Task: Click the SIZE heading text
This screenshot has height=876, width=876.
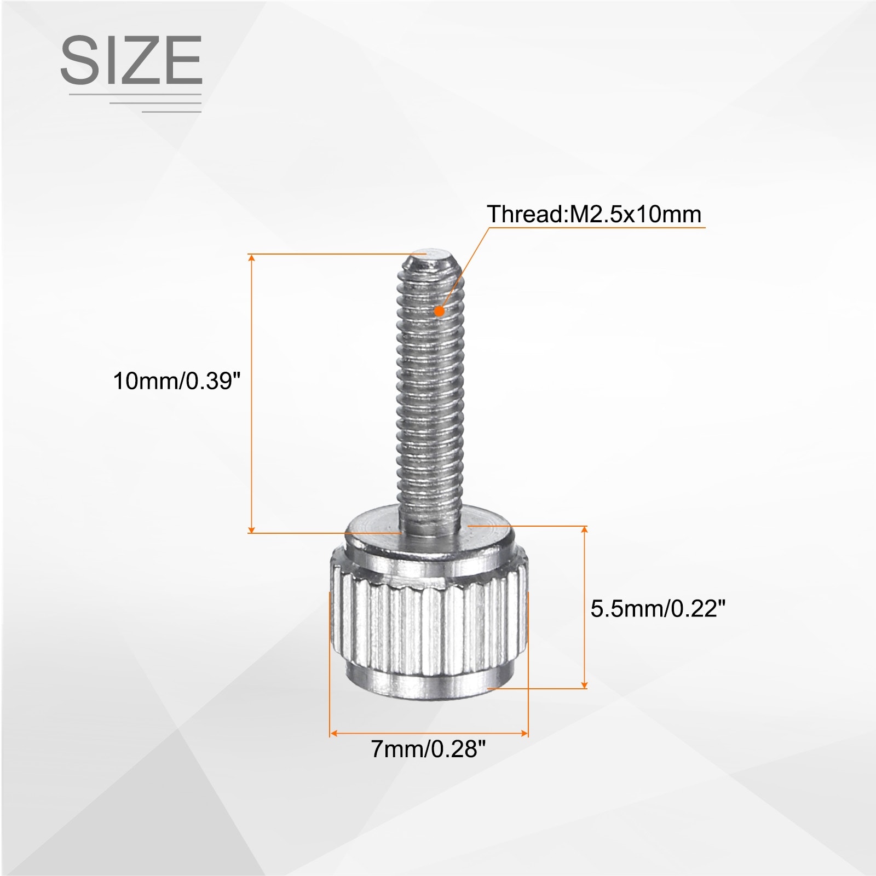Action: pyautogui.click(x=131, y=60)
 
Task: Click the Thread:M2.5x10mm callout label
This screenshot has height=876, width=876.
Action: pyautogui.click(x=594, y=214)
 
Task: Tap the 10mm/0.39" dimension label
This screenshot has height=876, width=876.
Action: pyautogui.click(x=177, y=381)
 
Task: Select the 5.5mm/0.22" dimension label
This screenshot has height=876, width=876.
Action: pyautogui.click(x=658, y=608)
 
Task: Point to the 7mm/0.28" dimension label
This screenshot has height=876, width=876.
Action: pyautogui.click(x=428, y=748)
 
